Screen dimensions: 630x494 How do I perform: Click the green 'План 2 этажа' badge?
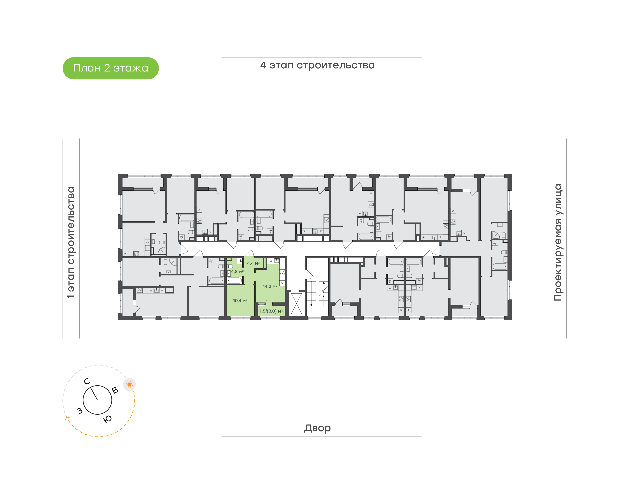[x=110, y=68]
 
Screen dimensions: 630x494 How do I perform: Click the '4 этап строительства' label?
[x=317, y=65]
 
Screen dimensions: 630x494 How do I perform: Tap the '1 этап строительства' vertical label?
[x=71, y=242]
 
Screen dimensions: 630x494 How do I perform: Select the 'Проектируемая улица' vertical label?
[x=558, y=242]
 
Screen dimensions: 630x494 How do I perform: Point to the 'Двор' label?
[x=317, y=428]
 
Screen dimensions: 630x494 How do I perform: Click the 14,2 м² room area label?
[x=270, y=286]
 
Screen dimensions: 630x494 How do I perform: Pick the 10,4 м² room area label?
[x=240, y=301]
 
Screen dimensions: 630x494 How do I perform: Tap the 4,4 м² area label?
[x=253, y=263]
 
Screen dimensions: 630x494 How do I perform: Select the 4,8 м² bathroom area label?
[x=237, y=271]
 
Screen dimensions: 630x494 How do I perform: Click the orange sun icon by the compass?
[x=129, y=384]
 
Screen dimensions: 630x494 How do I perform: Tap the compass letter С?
[x=87, y=381]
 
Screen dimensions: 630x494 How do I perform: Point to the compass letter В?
[x=115, y=390]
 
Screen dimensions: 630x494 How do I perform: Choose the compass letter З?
[x=79, y=411]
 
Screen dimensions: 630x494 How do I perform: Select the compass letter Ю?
[x=107, y=419]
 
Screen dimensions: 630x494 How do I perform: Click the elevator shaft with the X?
[x=296, y=303]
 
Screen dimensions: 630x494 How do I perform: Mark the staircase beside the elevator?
[x=317, y=293]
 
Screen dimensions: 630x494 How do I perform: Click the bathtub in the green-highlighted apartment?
[x=234, y=280]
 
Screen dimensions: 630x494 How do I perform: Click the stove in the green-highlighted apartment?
[x=282, y=272]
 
